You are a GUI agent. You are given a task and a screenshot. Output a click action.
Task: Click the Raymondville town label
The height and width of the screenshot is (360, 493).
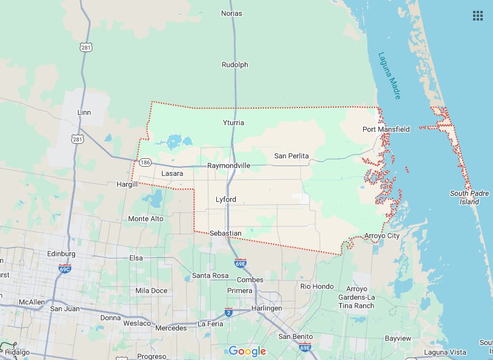(x=228, y=166)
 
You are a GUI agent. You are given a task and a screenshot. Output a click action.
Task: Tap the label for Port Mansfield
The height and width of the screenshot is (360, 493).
(x=386, y=129)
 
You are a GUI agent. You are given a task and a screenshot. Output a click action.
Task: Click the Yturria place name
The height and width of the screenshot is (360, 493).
(x=233, y=123)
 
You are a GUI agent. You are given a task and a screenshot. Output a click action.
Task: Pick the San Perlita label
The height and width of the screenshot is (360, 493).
(x=291, y=156)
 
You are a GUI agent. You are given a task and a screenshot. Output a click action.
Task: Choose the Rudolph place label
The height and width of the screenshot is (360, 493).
(x=235, y=65)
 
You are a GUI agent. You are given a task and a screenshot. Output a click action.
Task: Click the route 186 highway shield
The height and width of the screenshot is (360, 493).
(x=144, y=162)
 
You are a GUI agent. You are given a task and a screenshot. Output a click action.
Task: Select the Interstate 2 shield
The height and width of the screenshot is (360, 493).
(x=228, y=312)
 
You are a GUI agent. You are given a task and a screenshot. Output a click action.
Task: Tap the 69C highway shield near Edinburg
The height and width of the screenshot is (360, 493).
(x=65, y=268)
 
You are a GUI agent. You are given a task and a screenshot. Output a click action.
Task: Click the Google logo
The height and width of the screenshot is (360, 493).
(x=247, y=351)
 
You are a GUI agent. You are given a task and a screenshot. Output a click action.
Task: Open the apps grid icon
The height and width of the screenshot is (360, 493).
(x=478, y=16)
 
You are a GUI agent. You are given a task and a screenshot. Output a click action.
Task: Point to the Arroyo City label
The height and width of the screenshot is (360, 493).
(x=382, y=236)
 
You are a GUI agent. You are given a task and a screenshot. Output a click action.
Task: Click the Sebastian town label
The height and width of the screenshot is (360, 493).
(x=225, y=233)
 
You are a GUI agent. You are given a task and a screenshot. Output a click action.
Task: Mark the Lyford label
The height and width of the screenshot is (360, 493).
(x=226, y=199)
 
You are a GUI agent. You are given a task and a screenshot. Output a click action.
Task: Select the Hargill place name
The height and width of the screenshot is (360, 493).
(x=127, y=184)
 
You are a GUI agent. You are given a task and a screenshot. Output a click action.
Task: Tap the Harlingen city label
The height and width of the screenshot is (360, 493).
(x=268, y=308)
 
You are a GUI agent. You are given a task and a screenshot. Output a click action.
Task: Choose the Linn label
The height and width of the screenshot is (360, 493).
(x=84, y=113)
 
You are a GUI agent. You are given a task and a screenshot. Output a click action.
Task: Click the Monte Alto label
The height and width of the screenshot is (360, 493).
(x=146, y=219)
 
